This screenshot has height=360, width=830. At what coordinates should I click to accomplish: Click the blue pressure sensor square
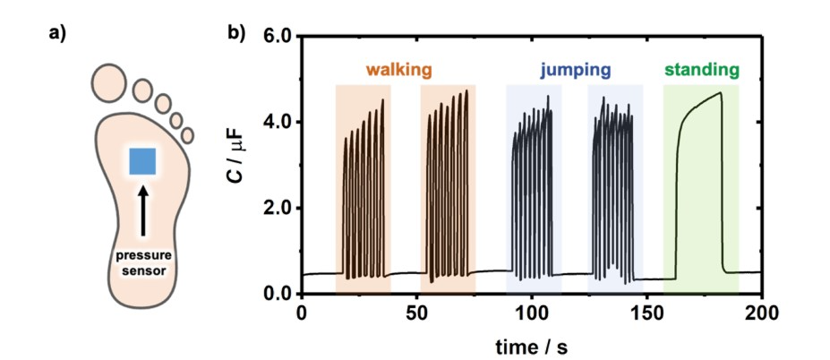(143, 161)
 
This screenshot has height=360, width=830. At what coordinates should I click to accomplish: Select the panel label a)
(59, 36)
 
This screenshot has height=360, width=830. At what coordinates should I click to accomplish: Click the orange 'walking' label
(398, 69)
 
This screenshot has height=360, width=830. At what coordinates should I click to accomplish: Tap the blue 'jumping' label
(575, 69)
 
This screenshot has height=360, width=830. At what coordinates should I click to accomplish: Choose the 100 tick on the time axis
(532, 313)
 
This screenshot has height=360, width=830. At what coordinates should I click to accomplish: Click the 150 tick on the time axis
(647, 313)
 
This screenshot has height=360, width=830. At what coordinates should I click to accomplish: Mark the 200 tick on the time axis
(762, 313)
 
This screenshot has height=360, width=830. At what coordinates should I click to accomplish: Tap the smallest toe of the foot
(187, 135)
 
